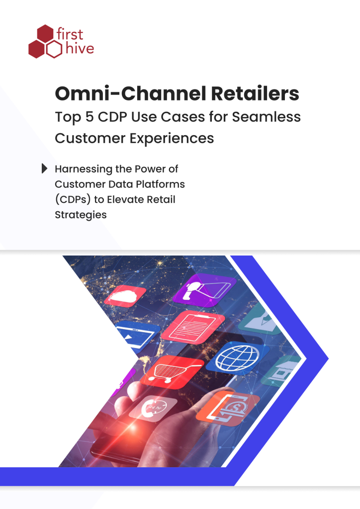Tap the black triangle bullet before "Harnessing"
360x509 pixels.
(45, 169)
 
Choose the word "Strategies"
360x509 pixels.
(81, 215)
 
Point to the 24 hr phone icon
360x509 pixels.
(153, 408)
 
